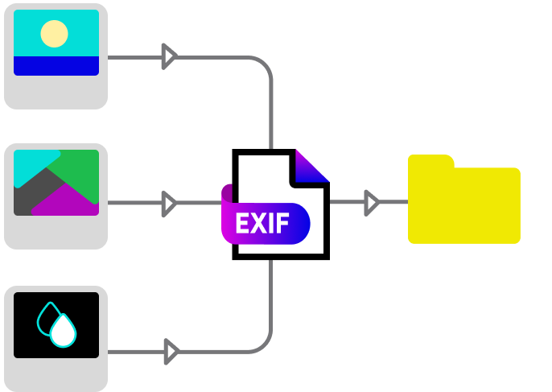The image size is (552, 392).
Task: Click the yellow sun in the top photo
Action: click(x=54, y=34)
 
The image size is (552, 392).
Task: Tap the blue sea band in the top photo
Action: click(x=56, y=65)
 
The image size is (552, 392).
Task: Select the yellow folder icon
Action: click(x=463, y=203)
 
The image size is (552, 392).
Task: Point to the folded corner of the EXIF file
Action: click(x=309, y=167)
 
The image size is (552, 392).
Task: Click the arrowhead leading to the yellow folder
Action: click(x=371, y=203)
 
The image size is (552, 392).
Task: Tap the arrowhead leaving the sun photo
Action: click(x=168, y=56)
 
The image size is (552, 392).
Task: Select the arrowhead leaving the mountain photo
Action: click(x=168, y=203)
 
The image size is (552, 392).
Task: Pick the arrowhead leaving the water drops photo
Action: click(x=170, y=351)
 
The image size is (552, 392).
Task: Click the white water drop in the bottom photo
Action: click(x=63, y=331)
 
